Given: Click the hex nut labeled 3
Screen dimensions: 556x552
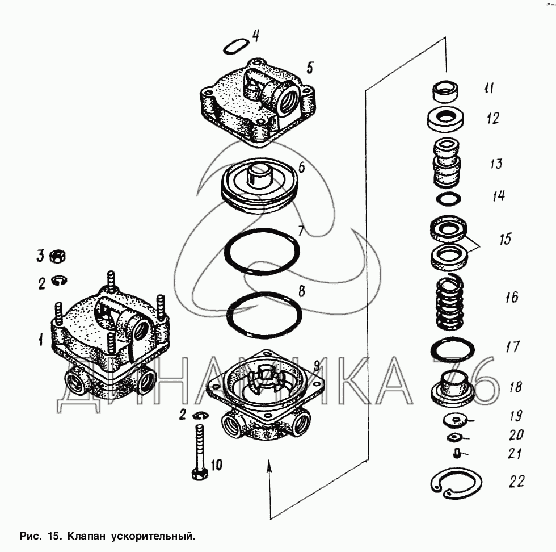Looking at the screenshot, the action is pos(58,257).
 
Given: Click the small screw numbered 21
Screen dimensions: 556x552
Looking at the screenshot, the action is pos(457,453).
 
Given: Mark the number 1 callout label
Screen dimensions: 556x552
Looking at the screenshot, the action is pos(41,341).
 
